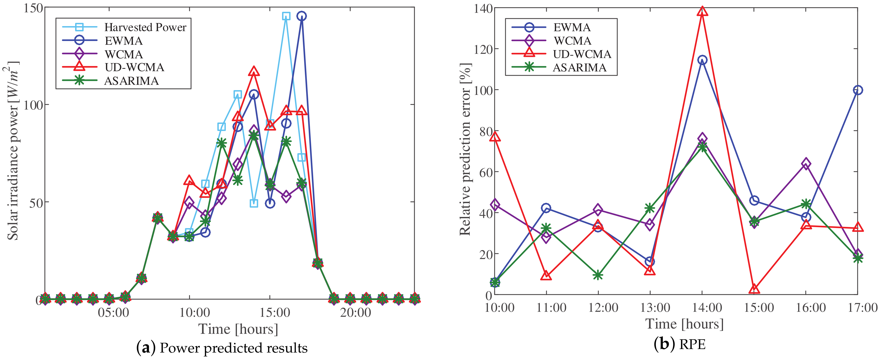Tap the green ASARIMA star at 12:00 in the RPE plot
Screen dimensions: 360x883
tap(598, 275)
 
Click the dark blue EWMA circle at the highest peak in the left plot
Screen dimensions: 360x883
tap(301, 16)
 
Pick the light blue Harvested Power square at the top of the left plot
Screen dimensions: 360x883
tap(286, 16)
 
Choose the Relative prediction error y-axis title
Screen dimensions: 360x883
tap(465, 149)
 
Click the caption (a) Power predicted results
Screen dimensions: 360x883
tap(222, 348)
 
